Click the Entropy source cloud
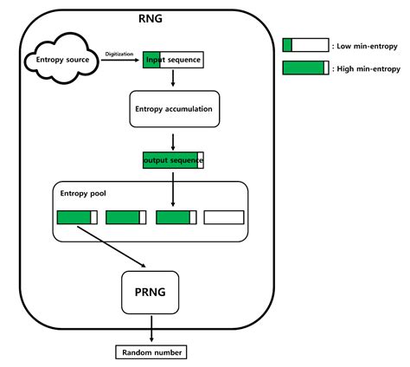pos(61,61)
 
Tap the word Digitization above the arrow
pos(119,54)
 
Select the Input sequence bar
pos(173,61)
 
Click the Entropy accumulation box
pos(174,110)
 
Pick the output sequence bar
pos(174,160)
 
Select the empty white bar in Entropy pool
pos(223,217)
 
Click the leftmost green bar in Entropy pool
pos(77,217)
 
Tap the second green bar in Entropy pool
pos(125,217)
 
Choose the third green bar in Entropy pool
pos(176,217)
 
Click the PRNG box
pos(151,292)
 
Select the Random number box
pos(151,352)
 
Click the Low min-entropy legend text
pos(367,46)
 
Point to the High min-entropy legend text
pos(368,68)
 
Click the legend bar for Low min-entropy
pos(305,46)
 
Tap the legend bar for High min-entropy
pos(305,68)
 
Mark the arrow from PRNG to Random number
pos(151,330)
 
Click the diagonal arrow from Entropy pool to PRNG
pos(112,248)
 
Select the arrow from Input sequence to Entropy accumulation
pos(174,79)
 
